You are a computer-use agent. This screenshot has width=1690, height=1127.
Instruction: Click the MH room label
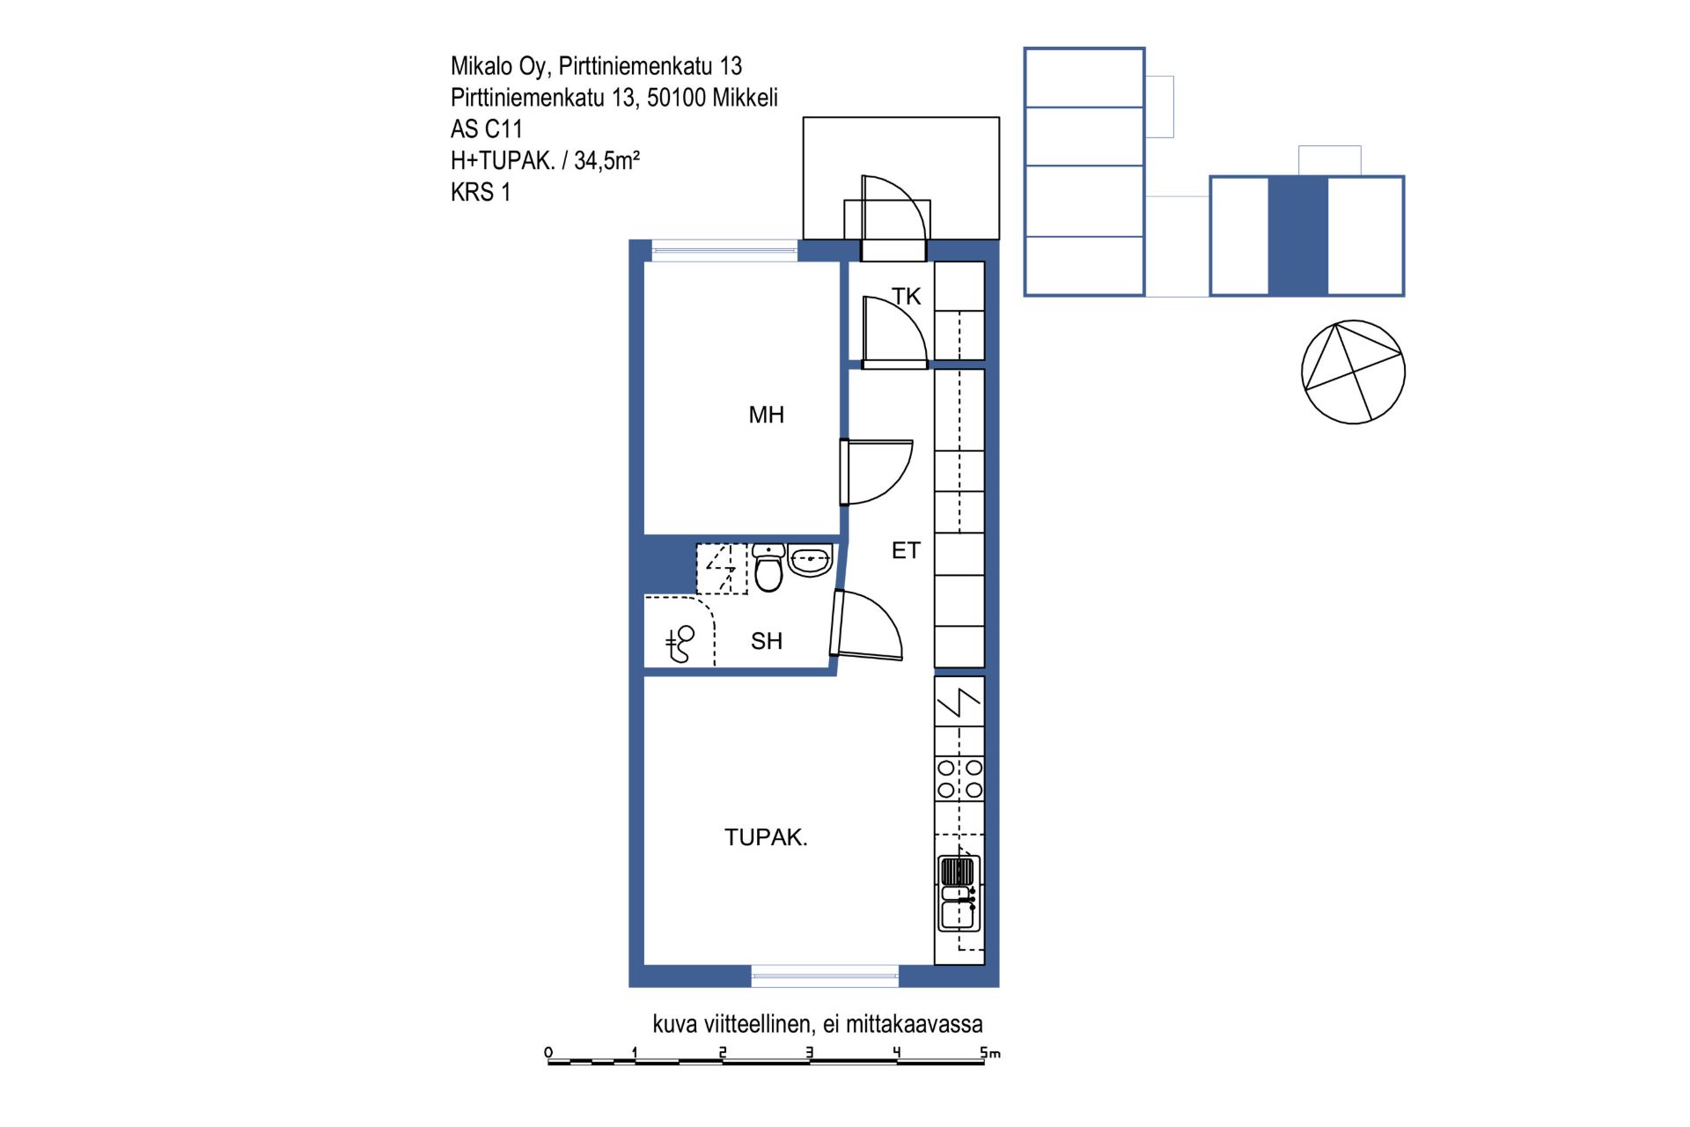[x=766, y=415]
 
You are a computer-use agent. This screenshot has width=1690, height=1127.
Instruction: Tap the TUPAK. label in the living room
[x=766, y=837]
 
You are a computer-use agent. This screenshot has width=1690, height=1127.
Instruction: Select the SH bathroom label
[x=766, y=641]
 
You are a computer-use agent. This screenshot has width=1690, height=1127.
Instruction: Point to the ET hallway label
[x=906, y=550]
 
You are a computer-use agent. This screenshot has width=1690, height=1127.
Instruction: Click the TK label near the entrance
[x=906, y=297]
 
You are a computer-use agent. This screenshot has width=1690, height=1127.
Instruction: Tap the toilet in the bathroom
[x=768, y=568]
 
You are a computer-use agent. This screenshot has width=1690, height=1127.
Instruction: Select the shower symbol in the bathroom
[x=680, y=644]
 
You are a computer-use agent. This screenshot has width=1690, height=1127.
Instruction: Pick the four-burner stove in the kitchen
[x=959, y=778]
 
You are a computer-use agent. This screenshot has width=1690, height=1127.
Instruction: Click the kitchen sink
[x=959, y=894]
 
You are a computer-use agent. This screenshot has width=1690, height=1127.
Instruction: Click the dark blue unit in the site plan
[x=1298, y=236]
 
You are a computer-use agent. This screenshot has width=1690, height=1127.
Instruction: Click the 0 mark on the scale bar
[x=548, y=1052]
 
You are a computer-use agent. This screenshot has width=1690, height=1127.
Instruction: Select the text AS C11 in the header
[x=487, y=129]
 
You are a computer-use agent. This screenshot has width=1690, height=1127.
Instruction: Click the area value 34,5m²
[x=606, y=160]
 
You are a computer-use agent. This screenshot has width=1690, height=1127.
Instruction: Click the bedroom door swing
[x=877, y=472]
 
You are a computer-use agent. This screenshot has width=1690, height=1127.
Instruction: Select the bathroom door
[x=866, y=625]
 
